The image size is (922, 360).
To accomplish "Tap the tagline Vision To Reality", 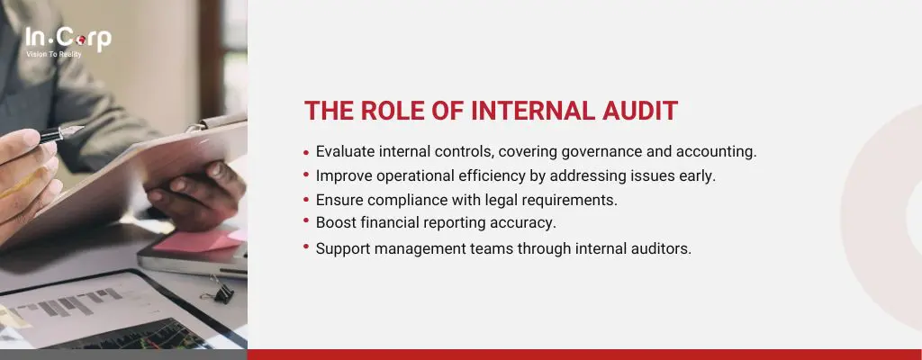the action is point(53,54).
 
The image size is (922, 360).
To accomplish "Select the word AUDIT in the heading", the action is point(641,111).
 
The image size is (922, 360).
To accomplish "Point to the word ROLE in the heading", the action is point(393,111).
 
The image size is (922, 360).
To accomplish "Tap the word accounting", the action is point(716,152).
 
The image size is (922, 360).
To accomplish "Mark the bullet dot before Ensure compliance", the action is point(306,200).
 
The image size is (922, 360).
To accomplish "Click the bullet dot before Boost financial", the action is point(306,220).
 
